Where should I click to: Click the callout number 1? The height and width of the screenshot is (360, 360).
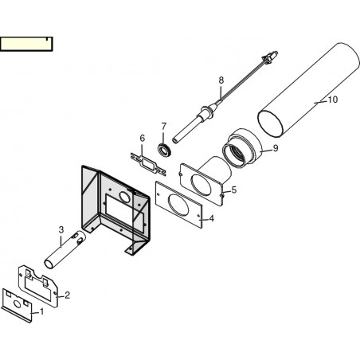point(41,311)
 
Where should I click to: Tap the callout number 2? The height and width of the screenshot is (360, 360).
point(68,295)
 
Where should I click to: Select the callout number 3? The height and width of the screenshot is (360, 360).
point(61,230)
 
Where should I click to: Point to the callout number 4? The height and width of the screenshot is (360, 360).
point(211,218)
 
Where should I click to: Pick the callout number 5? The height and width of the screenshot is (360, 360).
point(234,190)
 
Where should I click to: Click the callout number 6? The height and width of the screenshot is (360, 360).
point(143,138)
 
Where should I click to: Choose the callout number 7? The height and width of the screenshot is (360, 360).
point(163,126)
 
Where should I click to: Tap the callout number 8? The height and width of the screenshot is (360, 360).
point(221,80)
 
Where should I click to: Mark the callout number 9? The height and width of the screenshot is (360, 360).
point(276,148)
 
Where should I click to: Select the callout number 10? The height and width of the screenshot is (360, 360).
point(333,100)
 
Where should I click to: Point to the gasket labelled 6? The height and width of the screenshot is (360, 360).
point(148,165)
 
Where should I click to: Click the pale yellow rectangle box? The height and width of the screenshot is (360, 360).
point(26,44)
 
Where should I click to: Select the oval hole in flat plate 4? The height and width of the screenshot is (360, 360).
point(178,205)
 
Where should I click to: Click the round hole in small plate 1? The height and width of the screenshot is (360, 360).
point(17,303)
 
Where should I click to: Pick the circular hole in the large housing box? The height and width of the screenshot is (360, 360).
point(124,197)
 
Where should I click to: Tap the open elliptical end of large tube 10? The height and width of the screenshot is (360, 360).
point(269,123)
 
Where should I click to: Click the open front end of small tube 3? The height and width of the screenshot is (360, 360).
point(49,264)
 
